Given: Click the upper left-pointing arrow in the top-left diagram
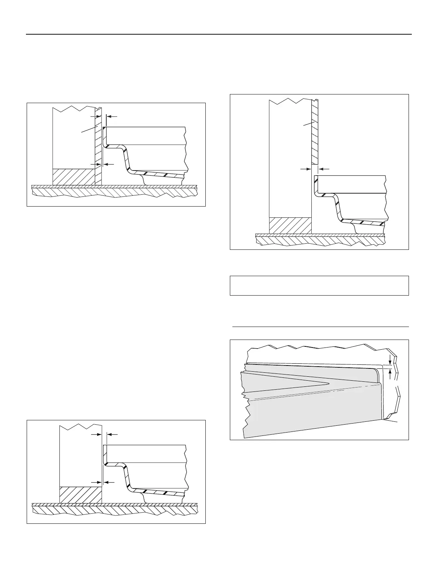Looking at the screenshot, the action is [x=112, y=116].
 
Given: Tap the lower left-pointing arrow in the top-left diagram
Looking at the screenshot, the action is [x=108, y=164].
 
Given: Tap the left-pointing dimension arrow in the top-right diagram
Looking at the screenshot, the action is [x=324, y=168].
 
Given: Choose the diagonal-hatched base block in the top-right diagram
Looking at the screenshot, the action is [x=290, y=225].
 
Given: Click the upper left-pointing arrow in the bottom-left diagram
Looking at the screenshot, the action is [x=112, y=435].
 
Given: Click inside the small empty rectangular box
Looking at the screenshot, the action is [x=319, y=285].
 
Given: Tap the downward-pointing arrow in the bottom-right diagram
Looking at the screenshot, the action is [x=390, y=359].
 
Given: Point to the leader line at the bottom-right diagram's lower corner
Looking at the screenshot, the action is [x=391, y=420].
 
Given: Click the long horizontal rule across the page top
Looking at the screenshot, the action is [x=219, y=35].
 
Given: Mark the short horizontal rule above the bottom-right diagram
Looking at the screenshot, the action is [x=320, y=327].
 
